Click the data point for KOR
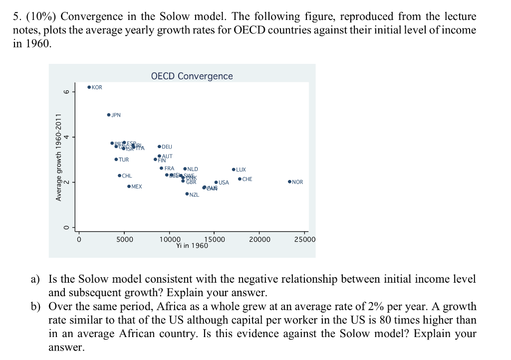[89, 87]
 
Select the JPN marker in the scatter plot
[109, 115]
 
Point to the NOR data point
[289, 182]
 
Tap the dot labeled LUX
[234, 170]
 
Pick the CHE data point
[240, 179]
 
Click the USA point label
[224, 182]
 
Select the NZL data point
[187, 194]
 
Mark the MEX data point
[129, 186]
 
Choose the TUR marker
[116, 160]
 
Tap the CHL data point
[119, 176]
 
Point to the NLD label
[193, 169]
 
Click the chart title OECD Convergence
[192, 76]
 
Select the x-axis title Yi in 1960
[192, 246]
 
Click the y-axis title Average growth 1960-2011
[58, 158]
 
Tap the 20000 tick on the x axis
[259, 239]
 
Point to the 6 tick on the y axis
[65, 91]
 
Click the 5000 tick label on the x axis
[125, 239]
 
